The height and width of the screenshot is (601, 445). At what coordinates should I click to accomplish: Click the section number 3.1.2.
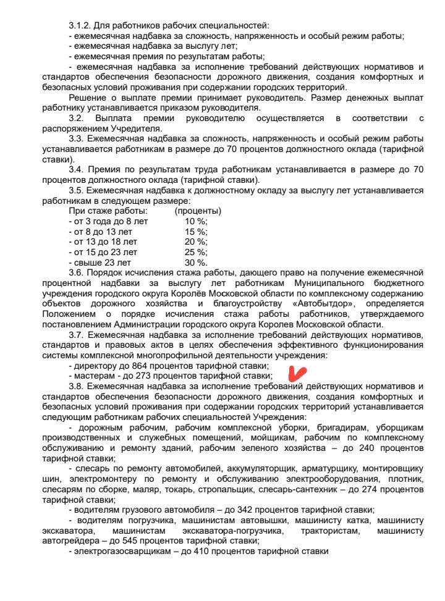pos(80,25)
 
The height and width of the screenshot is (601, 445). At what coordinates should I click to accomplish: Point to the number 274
pos(367,489)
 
